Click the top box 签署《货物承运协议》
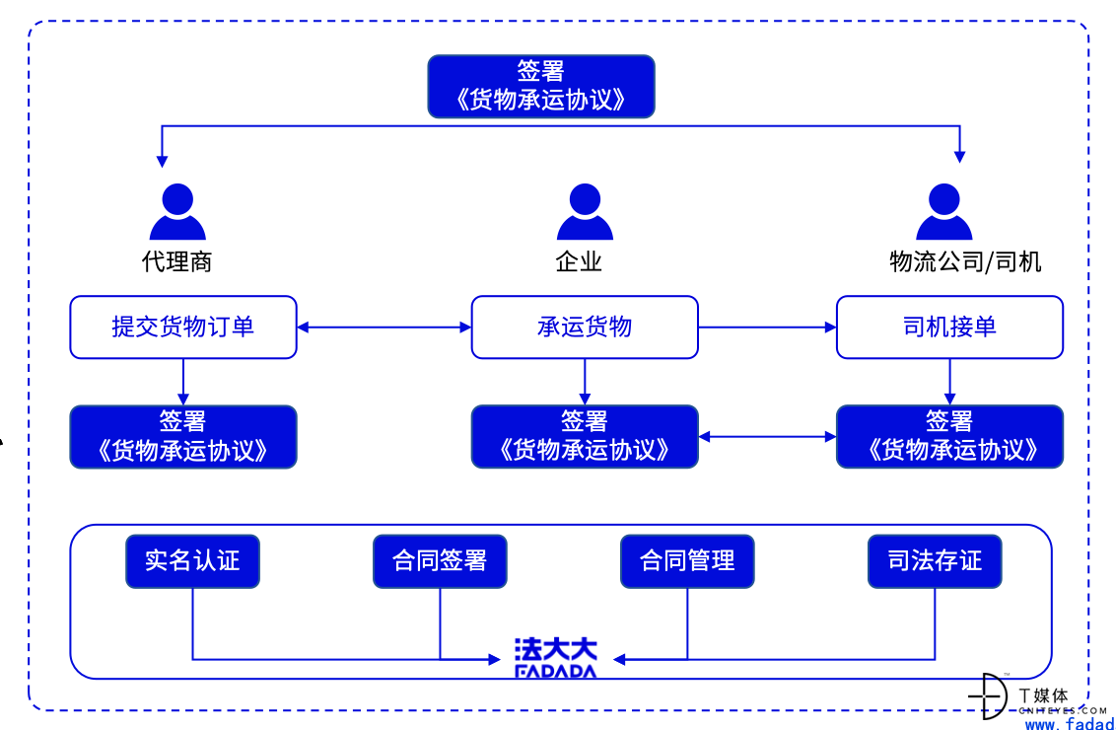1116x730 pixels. pos(541,86)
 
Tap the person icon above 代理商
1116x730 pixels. pos(177,211)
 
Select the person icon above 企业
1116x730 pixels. pos(585,211)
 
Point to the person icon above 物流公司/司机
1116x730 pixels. pos(943,211)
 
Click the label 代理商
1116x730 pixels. pos(177,261)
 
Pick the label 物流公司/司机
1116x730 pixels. pos(965,261)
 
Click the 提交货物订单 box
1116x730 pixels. pos(183,327)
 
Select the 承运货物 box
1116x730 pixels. pos(585,327)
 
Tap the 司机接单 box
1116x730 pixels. pos(949,327)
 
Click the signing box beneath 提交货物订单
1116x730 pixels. pos(183,437)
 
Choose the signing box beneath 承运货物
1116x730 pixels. pos(585,437)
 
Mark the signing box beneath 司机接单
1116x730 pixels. pos(949,437)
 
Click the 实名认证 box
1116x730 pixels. pos(192,561)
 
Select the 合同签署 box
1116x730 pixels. pos(440,561)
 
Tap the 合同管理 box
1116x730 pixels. pos(687,561)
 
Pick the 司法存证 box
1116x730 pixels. pos(935,561)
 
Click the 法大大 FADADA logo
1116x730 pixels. pos(556,657)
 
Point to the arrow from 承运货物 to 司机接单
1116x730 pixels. pos(767,328)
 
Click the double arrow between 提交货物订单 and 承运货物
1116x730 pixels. pos(384,328)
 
